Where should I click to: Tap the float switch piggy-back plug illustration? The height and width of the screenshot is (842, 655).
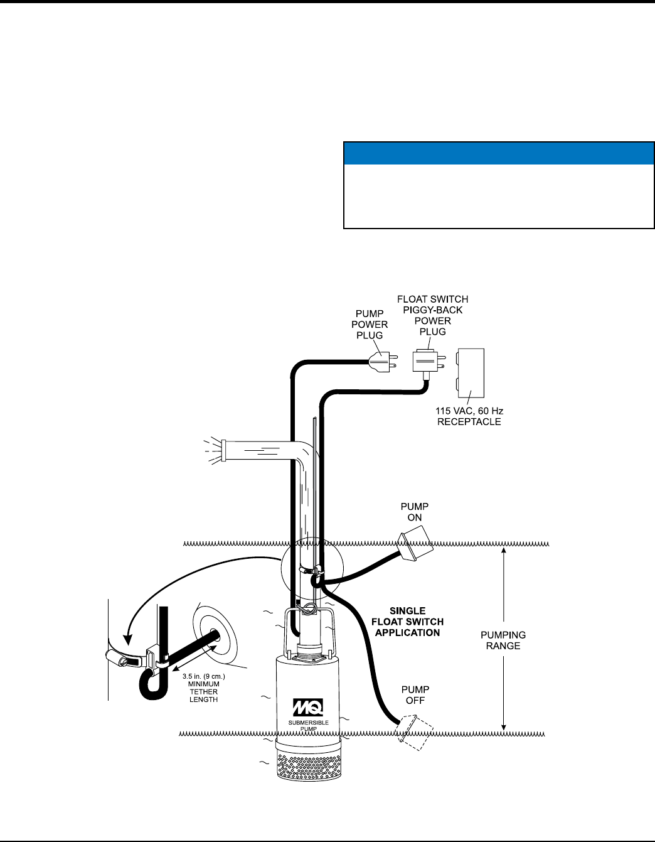[x=427, y=362]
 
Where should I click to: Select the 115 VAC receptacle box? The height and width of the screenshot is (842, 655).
[x=471, y=374]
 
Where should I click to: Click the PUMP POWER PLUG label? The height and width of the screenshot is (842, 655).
[x=370, y=324]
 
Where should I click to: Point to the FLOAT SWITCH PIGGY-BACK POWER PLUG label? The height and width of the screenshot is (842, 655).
[x=433, y=315]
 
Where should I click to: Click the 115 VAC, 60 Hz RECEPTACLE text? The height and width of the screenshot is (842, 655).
[x=469, y=416]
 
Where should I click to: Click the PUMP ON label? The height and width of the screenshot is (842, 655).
[x=415, y=512]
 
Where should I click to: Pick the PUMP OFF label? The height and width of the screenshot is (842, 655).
[x=415, y=695]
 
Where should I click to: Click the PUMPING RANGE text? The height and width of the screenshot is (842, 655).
[x=503, y=640]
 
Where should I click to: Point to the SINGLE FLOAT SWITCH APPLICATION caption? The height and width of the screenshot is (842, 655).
[x=408, y=622]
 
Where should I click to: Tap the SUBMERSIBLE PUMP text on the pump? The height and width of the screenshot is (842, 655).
[x=308, y=726]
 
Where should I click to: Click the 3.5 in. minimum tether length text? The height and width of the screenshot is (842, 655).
[x=204, y=688]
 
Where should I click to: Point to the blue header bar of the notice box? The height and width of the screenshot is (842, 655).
[x=499, y=153]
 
